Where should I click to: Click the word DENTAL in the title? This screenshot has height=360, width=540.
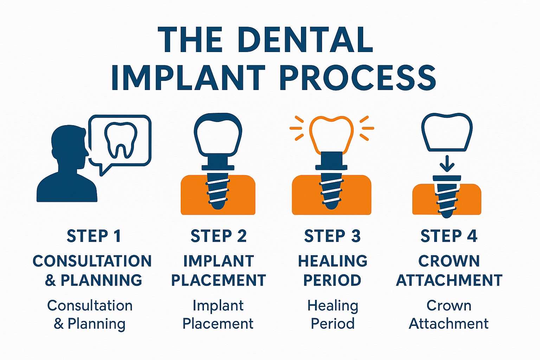pos(305,39)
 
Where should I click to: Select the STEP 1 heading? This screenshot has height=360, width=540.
pos(94,236)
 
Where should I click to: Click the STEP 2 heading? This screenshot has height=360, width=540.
pos(218,236)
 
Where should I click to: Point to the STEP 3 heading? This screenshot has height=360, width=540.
pos(332,236)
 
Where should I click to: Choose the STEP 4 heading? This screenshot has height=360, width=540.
pos(449,236)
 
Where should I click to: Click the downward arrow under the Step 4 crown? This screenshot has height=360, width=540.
pos(447,164)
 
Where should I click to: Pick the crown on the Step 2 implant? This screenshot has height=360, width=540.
pos(218,135)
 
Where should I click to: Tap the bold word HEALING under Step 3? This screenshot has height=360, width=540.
pos(333,261)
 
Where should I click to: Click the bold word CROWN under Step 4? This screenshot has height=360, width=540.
pos(449,261)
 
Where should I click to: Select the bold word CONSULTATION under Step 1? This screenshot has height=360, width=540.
pos(92,261)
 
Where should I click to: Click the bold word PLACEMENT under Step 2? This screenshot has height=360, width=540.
pos(218,280)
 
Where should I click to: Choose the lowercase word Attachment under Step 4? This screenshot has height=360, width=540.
pos(449,323)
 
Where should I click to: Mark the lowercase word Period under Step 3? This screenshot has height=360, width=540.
pos(333,323)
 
